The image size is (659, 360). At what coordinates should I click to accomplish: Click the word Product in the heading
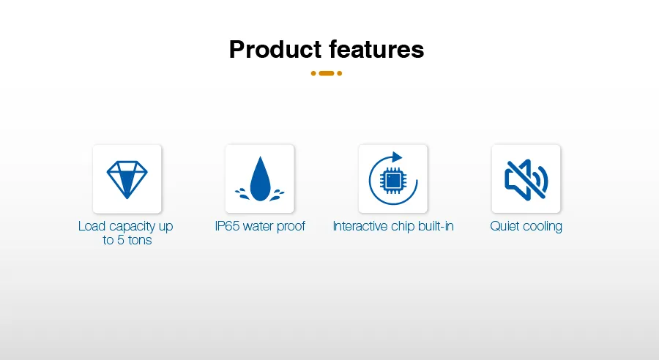pos(275,49)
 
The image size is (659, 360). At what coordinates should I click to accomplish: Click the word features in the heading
pos(376,49)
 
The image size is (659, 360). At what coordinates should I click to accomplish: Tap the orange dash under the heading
pos(327,73)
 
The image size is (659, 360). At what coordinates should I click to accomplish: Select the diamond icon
pos(127,179)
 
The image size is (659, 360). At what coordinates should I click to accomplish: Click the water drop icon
pos(260,179)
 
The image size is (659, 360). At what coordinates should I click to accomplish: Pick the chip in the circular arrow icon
pos(393,181)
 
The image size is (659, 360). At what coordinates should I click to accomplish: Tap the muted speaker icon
pos(526,180)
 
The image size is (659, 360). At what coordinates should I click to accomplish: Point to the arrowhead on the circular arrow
pos(396,157)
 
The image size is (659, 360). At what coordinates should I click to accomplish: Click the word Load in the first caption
pos(92,226)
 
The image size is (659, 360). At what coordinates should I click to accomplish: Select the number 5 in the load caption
pos(121,240)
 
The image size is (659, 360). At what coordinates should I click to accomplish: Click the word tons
pos(140,240)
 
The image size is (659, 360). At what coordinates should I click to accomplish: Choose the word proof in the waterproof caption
pos(291,227)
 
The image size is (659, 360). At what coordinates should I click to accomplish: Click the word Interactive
pos(360,226)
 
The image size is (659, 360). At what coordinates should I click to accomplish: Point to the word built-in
pos(436,226)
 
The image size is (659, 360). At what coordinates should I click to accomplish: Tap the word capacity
pos(132,227)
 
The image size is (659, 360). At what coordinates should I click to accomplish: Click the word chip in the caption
pos(403,227)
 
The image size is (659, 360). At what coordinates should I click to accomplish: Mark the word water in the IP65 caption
pos(258,226)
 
